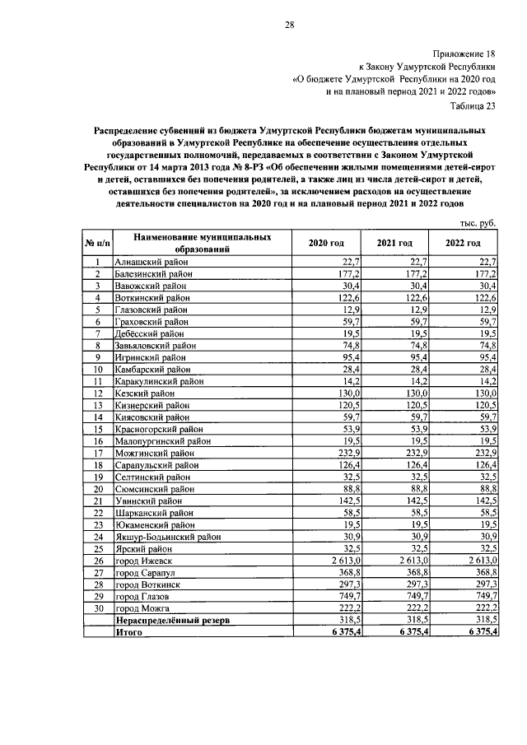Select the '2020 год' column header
pos(326,244)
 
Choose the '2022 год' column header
pos(463,244)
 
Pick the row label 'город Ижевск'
pos(147,561)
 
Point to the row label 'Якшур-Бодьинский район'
pos(169,536)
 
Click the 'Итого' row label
pos(129,632)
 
